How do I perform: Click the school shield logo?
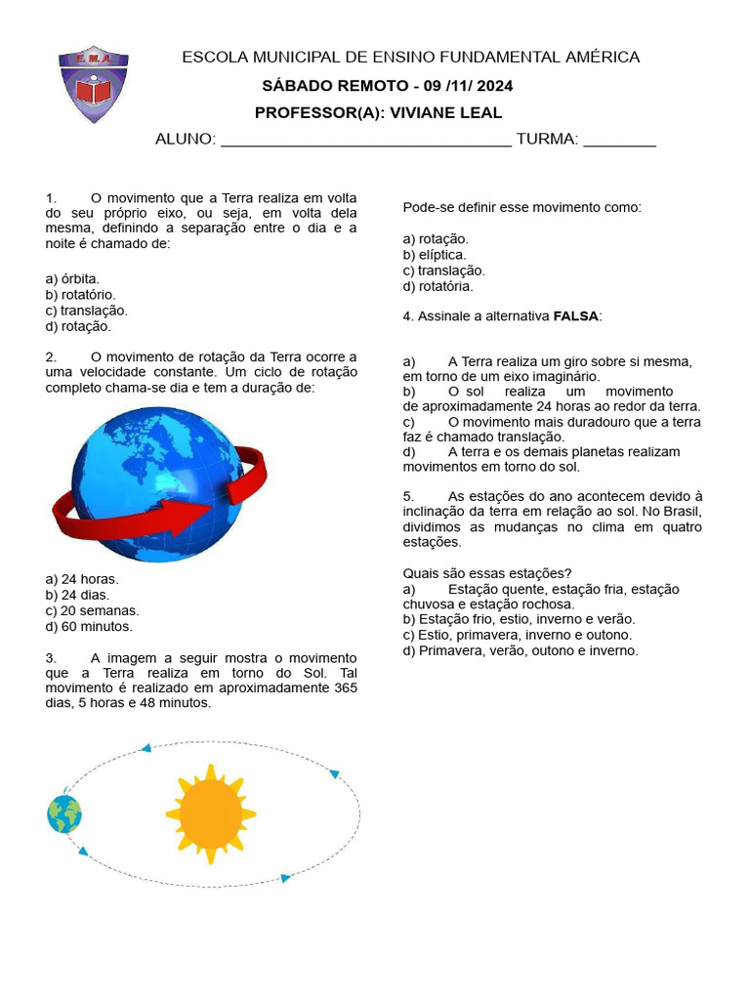[94, 84]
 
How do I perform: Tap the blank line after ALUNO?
[366, 141]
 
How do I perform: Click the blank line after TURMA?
[619, 141]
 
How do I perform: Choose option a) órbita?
[72, 278]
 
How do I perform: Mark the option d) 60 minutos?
[89, 627]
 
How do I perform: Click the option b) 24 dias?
[77, 595]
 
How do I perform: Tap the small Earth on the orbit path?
[64, 813]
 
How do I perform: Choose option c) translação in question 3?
[443, 271]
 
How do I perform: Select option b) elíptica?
[435, 255]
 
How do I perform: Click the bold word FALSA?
[576, 316]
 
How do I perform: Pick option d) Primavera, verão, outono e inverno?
[521, 650]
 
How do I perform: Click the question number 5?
[408, 496]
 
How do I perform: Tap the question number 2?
[51, 356]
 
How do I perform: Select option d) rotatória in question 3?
[437, 286]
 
